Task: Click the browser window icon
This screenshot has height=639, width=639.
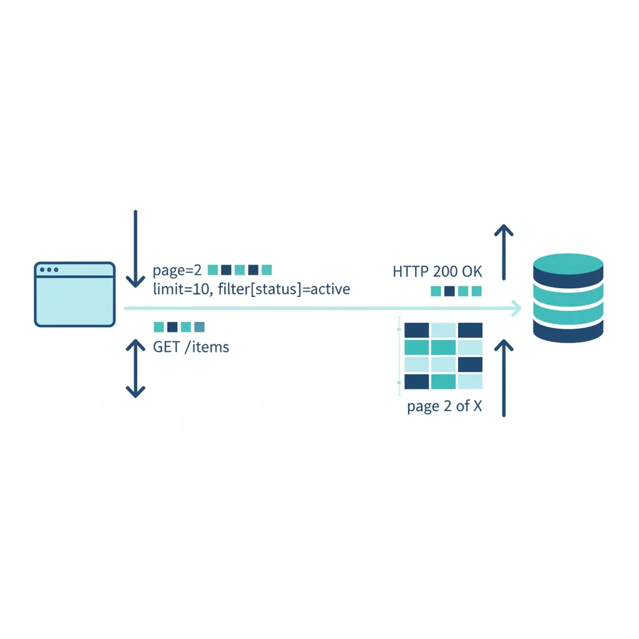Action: [x=75, y=294]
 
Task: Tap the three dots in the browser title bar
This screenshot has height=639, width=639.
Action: [x=49, y=270]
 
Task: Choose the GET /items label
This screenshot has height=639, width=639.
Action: [x=191, y=347]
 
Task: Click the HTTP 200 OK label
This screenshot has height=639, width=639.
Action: [x=437, y=271]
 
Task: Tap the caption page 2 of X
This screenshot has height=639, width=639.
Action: [x=444, y=406]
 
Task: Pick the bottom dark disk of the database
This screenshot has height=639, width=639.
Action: [x=568, y=330]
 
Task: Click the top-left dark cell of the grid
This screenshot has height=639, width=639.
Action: [x=417, y=330]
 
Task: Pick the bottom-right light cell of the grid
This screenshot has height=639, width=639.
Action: [x=470, y=381]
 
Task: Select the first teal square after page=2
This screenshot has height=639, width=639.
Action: [x=213, y=270]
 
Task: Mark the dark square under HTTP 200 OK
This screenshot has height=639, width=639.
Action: [x=449, y=291]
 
